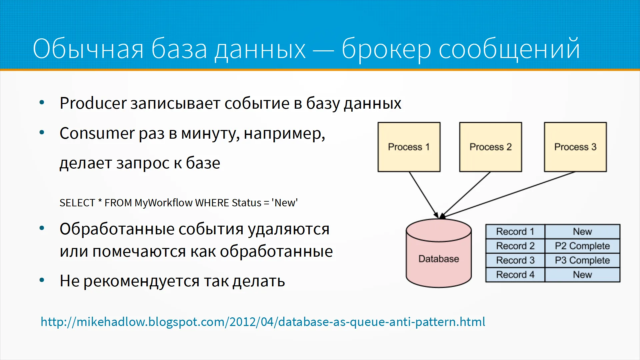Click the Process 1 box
[409, 147]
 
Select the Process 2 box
[491, 147]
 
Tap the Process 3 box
[575, 147]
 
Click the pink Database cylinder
[439, 253]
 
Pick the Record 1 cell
[515, 231]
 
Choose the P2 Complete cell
[582, 246]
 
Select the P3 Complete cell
[582, 260]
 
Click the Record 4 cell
[515, 275]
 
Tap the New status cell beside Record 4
[582, 275]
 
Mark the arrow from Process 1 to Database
[424, 195]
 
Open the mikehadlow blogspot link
[263, 322]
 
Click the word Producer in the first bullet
[93, 103]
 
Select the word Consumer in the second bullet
[97, 133]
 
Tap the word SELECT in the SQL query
[77, 203]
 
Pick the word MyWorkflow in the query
[164, 203]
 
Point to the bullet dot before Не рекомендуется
[42, 280]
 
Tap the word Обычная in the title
[88, 49]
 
